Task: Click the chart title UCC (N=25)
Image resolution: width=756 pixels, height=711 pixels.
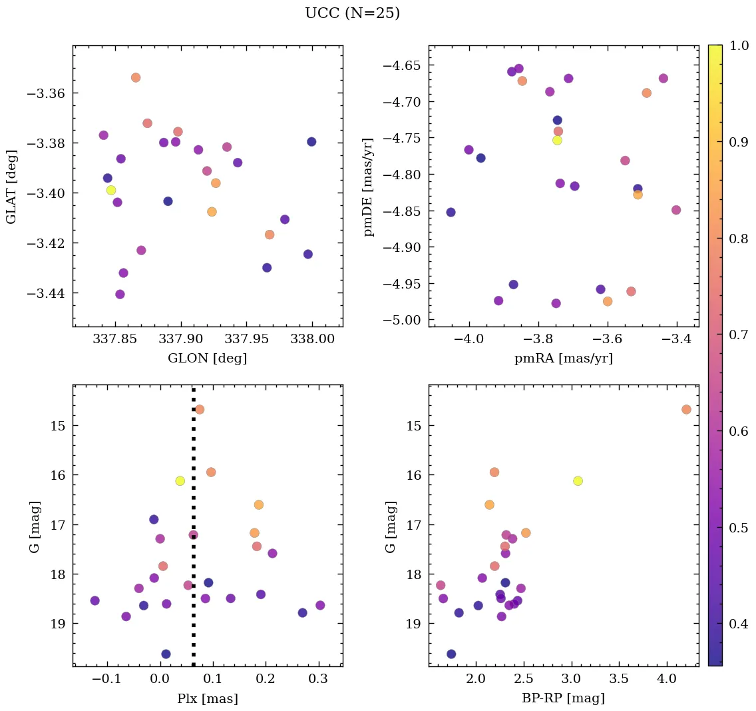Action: [352, 13]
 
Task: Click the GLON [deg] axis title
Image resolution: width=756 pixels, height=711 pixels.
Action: [208, 358]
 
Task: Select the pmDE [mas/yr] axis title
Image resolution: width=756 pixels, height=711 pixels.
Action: [368, 187]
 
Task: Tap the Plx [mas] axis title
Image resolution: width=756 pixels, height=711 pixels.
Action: [208, 698]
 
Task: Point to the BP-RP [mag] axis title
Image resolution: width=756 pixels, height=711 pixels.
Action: [563, 698]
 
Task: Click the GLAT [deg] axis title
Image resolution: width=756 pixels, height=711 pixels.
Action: [12, 187]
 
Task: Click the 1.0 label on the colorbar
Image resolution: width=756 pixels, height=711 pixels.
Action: [733, 45]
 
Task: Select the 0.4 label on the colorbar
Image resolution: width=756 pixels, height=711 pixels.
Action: [733, 624]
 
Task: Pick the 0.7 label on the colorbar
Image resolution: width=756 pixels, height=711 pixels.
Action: [733, 335]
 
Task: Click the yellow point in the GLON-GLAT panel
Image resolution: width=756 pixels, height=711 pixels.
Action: [111, 190]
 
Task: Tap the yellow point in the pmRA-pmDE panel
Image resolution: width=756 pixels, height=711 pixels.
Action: [557, 140]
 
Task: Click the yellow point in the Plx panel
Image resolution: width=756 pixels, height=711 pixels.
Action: [180, 480]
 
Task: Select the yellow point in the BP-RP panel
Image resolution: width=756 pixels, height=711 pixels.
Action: [578, 480]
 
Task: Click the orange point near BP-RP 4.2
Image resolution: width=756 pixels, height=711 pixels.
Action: [686, 409]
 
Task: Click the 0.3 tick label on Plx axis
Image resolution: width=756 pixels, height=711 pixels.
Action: [319, 680]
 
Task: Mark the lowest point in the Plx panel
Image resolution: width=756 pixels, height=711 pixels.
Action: [166, 654]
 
